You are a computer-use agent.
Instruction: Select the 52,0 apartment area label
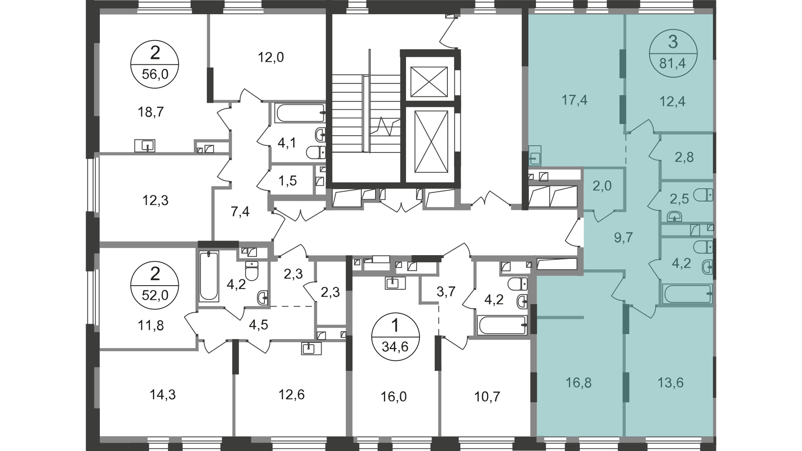[x=155, y=295]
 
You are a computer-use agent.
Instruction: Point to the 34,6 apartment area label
[x=395, y=347]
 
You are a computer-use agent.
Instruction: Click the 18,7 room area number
[x=150, y=112]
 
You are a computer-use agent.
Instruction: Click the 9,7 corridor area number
[x=624, y=238]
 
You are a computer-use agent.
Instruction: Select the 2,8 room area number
[x=684, y=157]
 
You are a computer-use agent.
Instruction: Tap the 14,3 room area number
[x=162, y=395]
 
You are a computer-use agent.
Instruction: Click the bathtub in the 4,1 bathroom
[x=300, y=113]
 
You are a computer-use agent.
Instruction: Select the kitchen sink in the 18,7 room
[x=145, y=146]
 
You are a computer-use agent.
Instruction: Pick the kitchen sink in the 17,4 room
[x=535, y=156]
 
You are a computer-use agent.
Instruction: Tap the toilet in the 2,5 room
[x=703, y=195]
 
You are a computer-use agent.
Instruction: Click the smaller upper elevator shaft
[x=430, y=81]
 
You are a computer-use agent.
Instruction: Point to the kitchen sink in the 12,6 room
[x=311, y=348]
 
